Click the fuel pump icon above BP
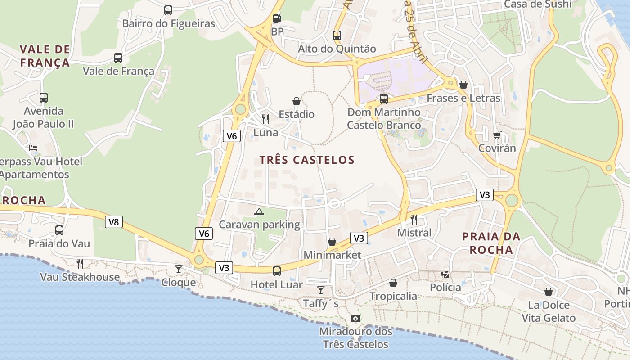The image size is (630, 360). point(277,18)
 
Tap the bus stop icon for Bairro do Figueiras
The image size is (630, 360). point(168,10)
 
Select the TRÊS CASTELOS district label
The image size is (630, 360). point(307,160)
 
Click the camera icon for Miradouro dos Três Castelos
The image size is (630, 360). point(355,319)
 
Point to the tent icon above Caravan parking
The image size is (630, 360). point(259,211)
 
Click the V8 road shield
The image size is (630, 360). point(114,222)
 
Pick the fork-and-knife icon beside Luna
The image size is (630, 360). point(265,119)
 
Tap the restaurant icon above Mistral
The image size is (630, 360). point(414,220)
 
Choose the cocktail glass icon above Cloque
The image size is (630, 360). point(179,269)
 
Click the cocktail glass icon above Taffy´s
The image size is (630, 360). point(320,290)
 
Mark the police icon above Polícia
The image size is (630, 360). point(445,274)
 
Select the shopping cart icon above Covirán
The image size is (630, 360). point(497,135)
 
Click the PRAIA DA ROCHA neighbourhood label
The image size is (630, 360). point(491,243)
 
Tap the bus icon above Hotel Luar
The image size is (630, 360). point(276,271)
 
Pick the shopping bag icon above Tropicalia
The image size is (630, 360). point(393,283)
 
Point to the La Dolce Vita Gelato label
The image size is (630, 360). point(549,311)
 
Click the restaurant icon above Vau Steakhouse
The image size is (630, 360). point(80,263)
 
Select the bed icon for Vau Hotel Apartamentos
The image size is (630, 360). point(34,148)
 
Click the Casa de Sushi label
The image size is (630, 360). point(538,4)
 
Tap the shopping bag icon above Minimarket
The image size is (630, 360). point(332,242)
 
